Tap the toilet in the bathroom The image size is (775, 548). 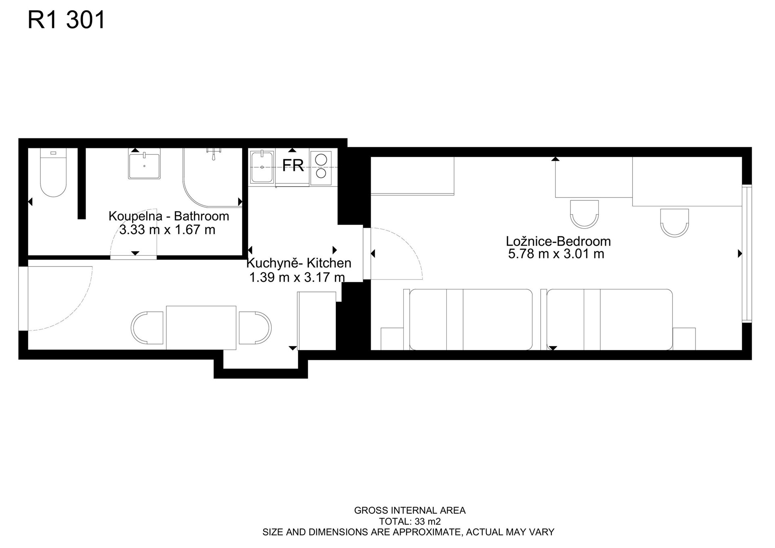click(53, 172)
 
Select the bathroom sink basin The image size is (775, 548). click(144, 164)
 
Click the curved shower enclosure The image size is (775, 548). click(213, 178)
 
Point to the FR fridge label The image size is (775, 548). click(293, 165)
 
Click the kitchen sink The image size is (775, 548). click(262, 166)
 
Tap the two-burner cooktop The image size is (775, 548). click(321, 166)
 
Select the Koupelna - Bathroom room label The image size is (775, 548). click(169, 216)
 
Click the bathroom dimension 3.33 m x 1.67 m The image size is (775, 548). click(167, 230)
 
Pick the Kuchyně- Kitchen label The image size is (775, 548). click(299, 263)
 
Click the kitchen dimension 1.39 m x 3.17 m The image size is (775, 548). click(297, 277)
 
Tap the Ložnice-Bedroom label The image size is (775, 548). click(558, 241)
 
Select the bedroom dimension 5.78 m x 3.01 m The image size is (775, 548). click(556, 254)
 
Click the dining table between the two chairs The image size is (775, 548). click(201, 328)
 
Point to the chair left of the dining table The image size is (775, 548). click(147, 328)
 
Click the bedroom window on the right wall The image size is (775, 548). click(747, 254)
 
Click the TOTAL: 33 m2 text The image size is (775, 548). click(410, 521)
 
